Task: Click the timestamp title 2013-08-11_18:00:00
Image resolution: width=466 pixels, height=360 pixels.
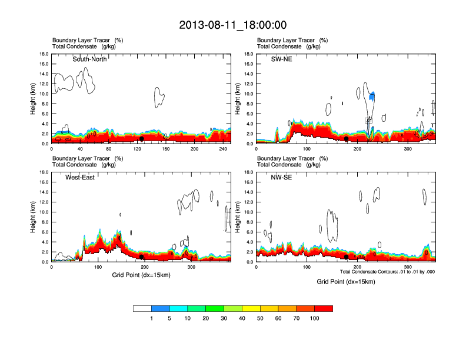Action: [232, 25]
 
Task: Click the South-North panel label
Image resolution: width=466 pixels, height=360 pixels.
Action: [89, 59]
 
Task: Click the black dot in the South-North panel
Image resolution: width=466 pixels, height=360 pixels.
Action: [142, 139]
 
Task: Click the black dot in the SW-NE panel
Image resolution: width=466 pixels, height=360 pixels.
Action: [347, 139]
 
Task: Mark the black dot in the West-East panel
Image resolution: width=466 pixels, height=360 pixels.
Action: [142, 257]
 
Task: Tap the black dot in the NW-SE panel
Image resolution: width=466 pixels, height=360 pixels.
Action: [347, 257]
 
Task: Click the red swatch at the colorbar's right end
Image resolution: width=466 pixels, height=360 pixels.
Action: [324, 308]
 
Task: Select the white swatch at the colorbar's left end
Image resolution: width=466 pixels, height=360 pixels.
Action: [142, 308]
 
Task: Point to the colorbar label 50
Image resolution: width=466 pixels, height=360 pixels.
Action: [261, 318]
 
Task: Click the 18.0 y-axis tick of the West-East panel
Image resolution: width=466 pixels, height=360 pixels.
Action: [44, 172]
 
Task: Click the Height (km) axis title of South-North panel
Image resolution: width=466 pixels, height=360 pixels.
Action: [34, 99]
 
